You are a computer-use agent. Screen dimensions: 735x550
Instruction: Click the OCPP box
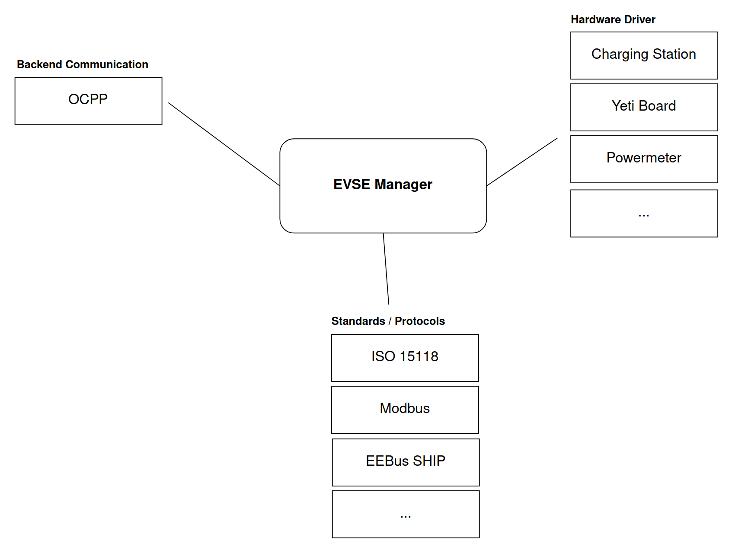click(88, 101)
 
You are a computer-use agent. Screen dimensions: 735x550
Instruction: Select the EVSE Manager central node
click(383, 186)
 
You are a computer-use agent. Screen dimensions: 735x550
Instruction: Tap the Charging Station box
click(644, 55)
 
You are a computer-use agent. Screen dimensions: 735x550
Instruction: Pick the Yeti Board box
click(644, 107)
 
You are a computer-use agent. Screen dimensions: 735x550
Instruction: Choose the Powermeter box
click(644, 159)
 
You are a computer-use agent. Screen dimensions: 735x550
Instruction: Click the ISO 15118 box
click(405, 358)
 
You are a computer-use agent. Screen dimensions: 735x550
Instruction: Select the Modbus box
click(405, 410)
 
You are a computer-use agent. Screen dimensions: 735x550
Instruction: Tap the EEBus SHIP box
click(406, 462)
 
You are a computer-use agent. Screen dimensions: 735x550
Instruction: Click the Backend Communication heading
click(83, 64)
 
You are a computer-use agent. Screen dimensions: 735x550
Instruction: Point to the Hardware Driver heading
click(613, 19)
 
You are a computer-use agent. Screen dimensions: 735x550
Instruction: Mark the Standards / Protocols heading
click(388, 321)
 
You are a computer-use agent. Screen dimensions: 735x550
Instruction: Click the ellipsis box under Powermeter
click(644, 213)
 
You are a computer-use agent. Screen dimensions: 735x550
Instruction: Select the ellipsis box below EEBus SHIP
click(406, 514)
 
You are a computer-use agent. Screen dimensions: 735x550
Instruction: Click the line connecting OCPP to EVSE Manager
click(224, 144)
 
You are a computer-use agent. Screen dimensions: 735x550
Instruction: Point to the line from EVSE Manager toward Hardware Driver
click(522, 162)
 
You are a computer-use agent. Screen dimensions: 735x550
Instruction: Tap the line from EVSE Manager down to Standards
click(386, 269)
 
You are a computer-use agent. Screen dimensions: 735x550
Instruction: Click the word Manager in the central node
click(403, 184)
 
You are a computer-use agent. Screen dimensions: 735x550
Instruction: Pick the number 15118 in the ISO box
click(419, 356)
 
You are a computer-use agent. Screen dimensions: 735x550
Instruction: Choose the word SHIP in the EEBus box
click(429, 461)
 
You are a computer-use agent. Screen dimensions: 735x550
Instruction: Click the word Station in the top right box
click(674, 54)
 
